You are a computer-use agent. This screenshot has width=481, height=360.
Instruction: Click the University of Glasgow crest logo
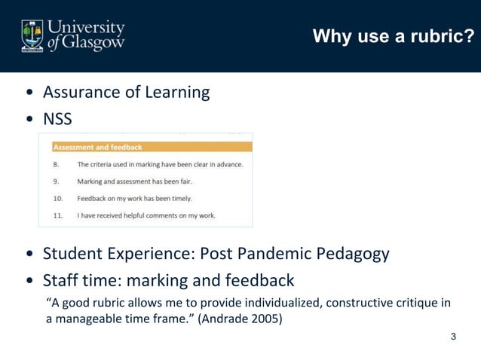(x=33, y=35)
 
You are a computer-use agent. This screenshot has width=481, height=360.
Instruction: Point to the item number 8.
(x=56, y=164)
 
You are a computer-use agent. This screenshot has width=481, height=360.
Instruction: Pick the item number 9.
(x=56, y=182)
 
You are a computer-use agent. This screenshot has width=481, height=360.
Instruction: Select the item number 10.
(x=57, y=199)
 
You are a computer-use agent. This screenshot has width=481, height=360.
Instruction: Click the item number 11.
(x=57, y=215)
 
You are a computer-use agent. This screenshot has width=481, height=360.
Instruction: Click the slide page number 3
(x=453, y=337)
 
